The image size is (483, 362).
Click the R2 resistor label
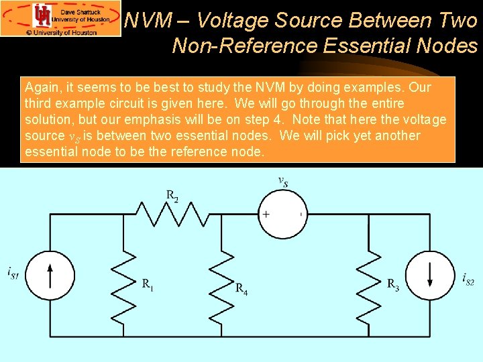click(x=172, y=196)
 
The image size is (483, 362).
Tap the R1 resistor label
click(x=148, y=284)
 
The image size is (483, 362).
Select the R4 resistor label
click(x=241, y=288)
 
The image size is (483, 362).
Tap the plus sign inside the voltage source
click(x=266, y=215)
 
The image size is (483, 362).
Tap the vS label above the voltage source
click(x=283, y=181)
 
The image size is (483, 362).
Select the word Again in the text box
click(x=42, y=87)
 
